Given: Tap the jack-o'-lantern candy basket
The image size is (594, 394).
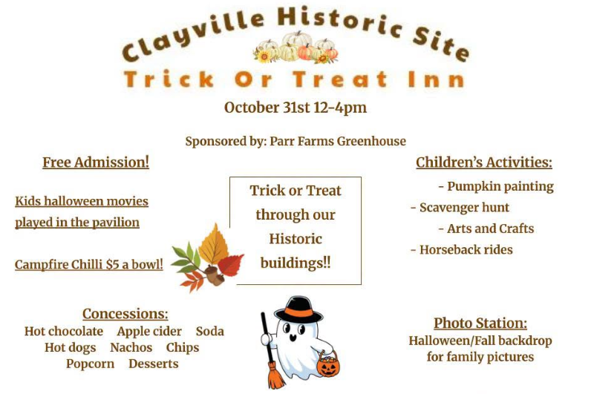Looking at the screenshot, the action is (328, 364).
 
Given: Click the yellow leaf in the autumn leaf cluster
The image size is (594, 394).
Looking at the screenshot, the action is (213, 243).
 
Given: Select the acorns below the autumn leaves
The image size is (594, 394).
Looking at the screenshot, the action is (215, 275).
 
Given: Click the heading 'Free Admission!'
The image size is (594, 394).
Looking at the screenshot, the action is (96, 162).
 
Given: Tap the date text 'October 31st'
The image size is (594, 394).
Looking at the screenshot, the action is (267, 108).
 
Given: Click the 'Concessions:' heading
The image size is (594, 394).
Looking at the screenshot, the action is (125, 314).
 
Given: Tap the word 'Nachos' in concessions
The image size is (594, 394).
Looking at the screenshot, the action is (131, 347).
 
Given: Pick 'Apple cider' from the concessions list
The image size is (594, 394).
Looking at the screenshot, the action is (149, 332).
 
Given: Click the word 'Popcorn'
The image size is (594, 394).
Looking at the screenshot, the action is (90, 364).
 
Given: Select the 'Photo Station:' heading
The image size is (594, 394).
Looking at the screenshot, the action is (480, 324).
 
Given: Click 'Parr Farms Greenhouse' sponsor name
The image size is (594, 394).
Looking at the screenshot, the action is (338, 142).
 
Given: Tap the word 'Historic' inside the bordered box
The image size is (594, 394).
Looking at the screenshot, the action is (296, 239).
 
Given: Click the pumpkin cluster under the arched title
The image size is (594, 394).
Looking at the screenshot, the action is (296, 47).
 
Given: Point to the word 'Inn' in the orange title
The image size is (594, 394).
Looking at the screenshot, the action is (436, 79).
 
